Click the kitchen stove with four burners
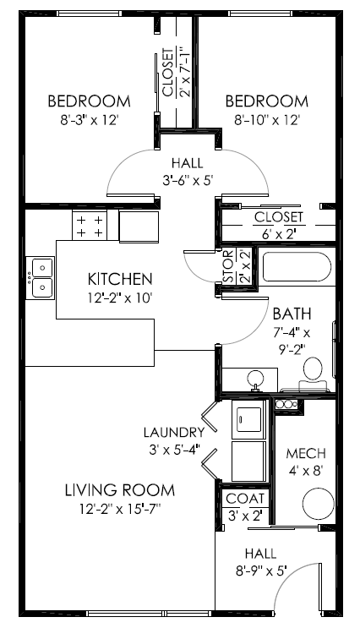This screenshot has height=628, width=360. pos(90,226)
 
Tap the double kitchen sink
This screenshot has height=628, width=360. pos(41,278)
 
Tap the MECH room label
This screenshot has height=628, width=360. pos(301,453)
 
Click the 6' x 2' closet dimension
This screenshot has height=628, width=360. pos(277,234)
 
